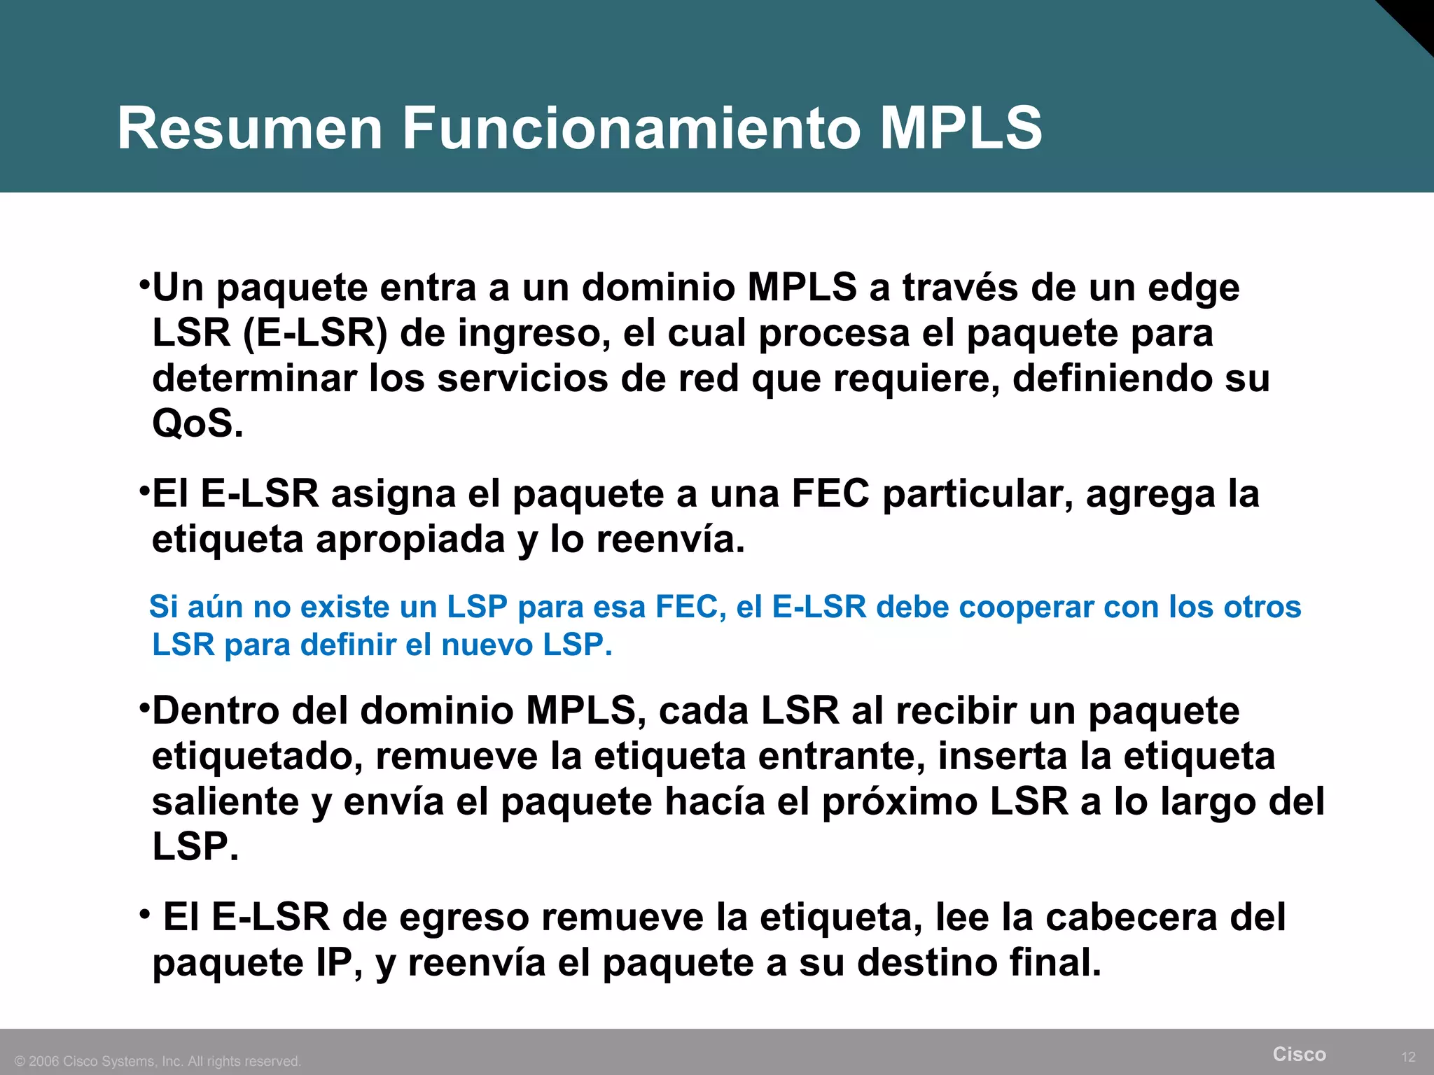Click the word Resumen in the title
(250, 128)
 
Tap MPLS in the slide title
(961, 128)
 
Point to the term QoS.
(197, 423)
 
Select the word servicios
(524, 379)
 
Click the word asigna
(393, 493)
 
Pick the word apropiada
(410, 540)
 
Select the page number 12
(1409, 1057)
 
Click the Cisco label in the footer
(1299, 1054)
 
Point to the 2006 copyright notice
(158, 1061)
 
